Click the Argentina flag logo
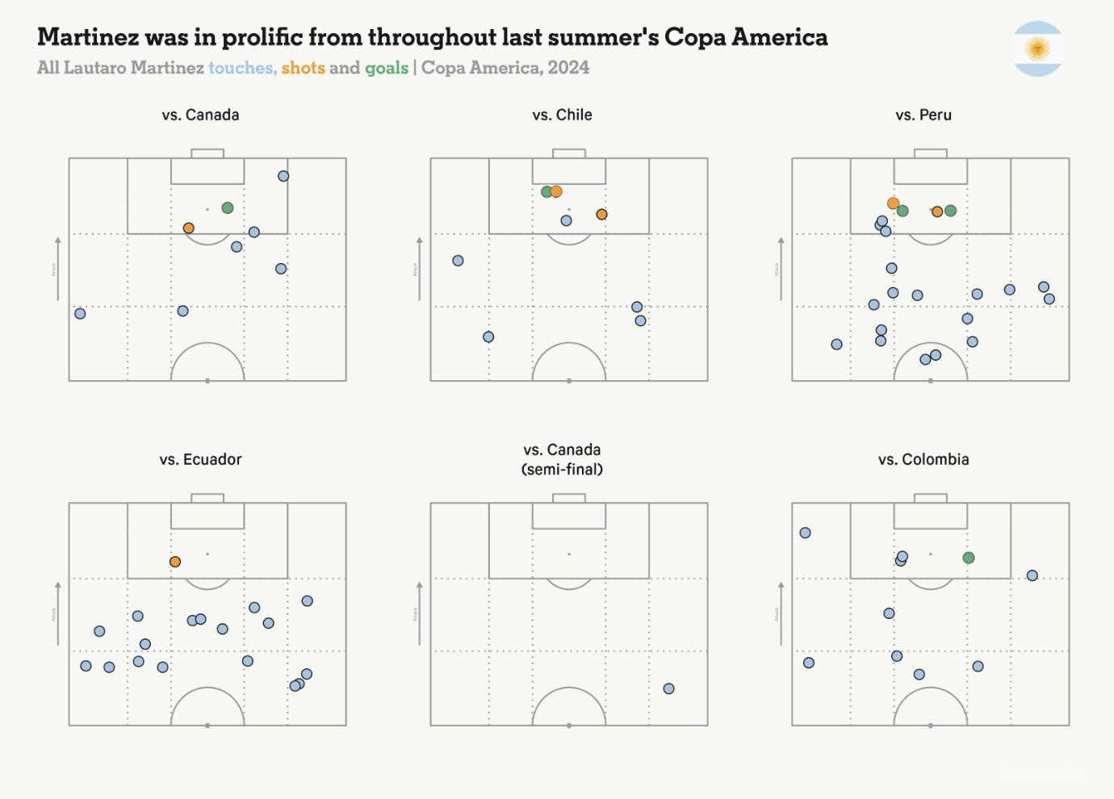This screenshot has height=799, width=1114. pos(1037,49)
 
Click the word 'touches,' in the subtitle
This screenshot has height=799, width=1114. pos(242,68)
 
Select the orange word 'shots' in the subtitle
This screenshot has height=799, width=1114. pos(303,68)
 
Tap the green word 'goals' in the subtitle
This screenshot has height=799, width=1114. pos(387,68)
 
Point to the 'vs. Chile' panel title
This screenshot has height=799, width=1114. pos(562,115)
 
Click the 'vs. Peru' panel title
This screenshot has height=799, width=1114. pos(923,115)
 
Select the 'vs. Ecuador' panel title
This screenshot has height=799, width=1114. pos(200,459)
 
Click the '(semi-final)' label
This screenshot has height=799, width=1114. pos(562,469)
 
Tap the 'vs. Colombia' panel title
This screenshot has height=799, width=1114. pos(923,459)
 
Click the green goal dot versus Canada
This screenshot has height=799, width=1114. pos(228,207)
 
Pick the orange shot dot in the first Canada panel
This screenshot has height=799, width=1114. pos(188,228)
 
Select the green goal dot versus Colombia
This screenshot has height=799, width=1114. pos(969,558)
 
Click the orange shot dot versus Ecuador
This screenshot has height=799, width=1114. pos(175,562)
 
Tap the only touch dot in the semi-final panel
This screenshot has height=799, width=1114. pos(668,688)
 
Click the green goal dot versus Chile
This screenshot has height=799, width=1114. pos(547,191)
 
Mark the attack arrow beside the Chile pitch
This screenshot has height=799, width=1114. pos(419,269)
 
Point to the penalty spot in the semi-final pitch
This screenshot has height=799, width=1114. pos(569,554)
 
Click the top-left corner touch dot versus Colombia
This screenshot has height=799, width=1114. pos(805,533)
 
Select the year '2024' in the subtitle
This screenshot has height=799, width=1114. pos(568,68)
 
